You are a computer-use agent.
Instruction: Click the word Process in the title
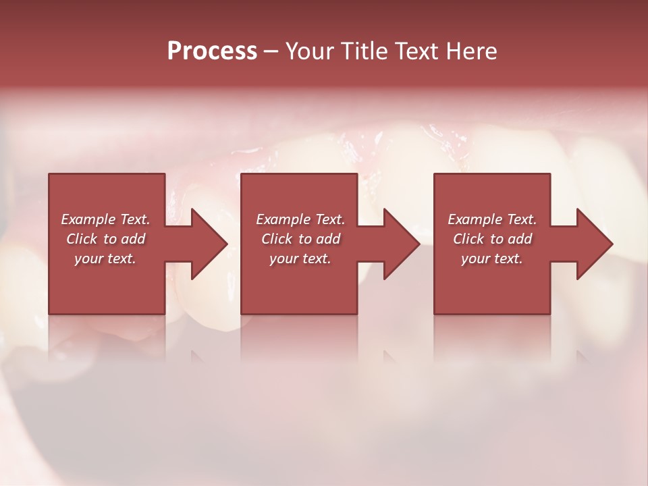tap(212, 51)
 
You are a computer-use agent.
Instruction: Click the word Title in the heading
tap(358, 51)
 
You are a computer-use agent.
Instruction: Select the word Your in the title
tap(308, 51)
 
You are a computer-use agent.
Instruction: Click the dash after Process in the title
tap(271, 51)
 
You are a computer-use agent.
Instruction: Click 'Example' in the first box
tap(88, 219)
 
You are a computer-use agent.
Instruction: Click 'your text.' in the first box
tap(105, 259)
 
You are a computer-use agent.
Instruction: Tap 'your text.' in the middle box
tap(300, 259)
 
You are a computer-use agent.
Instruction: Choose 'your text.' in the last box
tap(492, 259)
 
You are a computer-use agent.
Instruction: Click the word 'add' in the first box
tap(134, 239)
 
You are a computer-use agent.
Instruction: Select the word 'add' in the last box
tap(520, 239)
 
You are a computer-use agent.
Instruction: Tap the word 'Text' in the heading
tap(412, 51)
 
